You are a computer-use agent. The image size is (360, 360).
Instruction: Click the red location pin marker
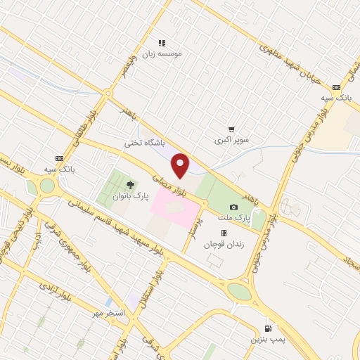coord(181,165)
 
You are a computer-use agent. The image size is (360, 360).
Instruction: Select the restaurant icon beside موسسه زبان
coord(162,43)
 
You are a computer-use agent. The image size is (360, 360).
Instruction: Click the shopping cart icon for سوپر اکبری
coord(231,129)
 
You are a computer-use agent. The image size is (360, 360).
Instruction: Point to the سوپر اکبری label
coord(231,140)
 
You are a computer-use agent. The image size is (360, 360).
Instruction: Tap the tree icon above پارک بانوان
coord(127,185)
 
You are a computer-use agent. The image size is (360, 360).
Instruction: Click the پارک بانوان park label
coord(128,196)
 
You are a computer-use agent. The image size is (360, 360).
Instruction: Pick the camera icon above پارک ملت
coord(233,207)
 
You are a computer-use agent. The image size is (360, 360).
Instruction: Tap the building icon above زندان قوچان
coord(224,233)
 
